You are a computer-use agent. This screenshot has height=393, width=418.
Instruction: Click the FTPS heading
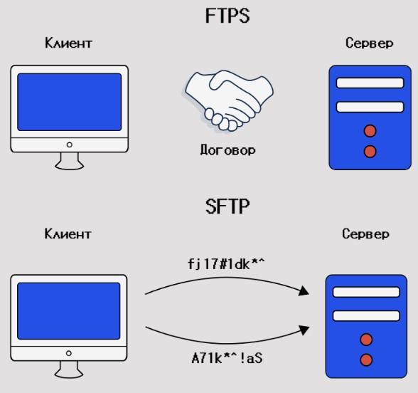[x=227, y=16]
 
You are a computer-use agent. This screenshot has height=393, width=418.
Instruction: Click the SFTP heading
[x=227, y=206]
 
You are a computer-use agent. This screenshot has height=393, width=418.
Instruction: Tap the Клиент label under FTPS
[x=68, y=43]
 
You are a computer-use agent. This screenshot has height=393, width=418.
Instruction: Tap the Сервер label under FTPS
[x=369, y=43]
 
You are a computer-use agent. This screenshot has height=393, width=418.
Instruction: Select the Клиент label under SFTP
[x=68, y=234]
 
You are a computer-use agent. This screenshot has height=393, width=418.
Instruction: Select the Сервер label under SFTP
[x=365, y=234]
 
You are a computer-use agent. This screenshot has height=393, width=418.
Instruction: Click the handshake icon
[x=229, y=100]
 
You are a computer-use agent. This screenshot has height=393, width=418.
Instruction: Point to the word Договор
[x=227, y=150]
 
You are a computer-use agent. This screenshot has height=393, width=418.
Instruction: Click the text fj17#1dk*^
[x=226, y=263]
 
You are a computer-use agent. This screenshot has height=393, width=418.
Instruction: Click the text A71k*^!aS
[x=227, y=358]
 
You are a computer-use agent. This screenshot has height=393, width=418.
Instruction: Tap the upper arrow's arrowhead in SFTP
[x=304, y=290]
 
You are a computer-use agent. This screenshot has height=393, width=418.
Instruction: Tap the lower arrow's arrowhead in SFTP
[x=304, y=330]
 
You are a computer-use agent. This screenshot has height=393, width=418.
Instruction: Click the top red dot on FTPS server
[x=370, y=131]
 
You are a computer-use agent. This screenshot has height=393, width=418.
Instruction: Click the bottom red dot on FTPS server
[x=370, y=152]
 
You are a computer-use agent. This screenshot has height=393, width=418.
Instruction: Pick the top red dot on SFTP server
[x=366, y=340]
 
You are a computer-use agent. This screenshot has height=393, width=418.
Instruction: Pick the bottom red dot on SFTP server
[x=366, y=360]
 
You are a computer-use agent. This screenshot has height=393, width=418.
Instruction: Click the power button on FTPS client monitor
[x=70, y=145]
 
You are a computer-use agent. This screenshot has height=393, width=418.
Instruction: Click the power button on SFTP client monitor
[x=68, y=353]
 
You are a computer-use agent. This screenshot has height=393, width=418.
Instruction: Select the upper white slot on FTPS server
[x=370, y=83]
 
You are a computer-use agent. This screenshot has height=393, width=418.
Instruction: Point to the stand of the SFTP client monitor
[x=69, y=370]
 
